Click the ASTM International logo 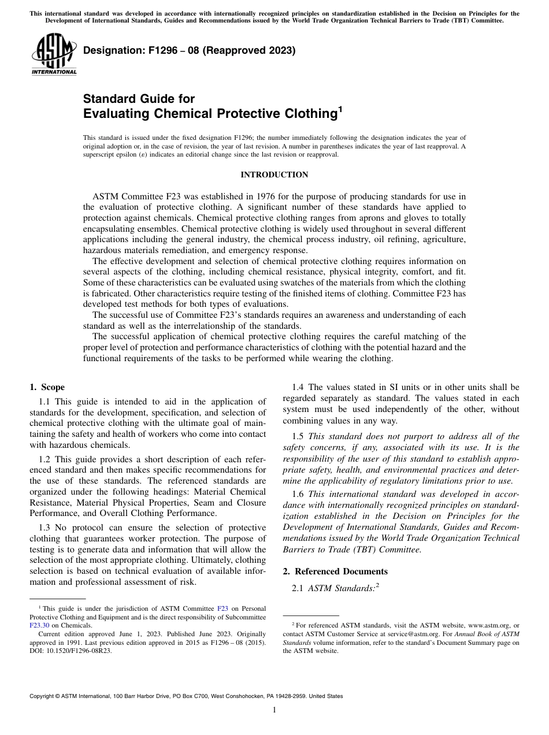[x=53, y=55]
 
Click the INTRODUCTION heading [x=274, y=175]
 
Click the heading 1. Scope [x=47, y=387]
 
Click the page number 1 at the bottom [x=274, y=710]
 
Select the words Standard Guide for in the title [x=139, y=99]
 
